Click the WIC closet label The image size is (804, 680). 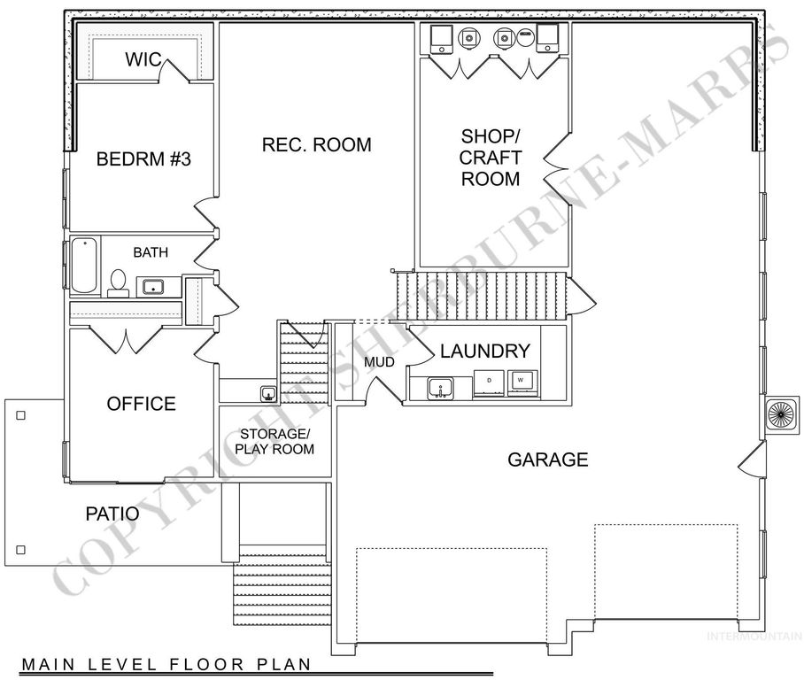(x=142, y=59)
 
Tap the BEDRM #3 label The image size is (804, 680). (x=143, y=160)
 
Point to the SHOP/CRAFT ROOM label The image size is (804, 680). (x=491, y=158)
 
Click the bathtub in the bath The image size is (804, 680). (x=83, y=265)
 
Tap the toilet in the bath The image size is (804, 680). (x=118, y=282)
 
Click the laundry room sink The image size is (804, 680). (x=438, y=387)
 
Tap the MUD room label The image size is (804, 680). (x=379, y=363)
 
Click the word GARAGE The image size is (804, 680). (x=547, y=460)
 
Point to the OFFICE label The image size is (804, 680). (x=141, y=404)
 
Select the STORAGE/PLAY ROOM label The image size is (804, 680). (x=274, y=441)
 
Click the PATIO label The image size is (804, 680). (x=112, y=513)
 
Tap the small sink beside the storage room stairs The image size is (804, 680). (x=266, y=392)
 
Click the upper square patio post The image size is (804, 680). (x=20, y=414)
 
